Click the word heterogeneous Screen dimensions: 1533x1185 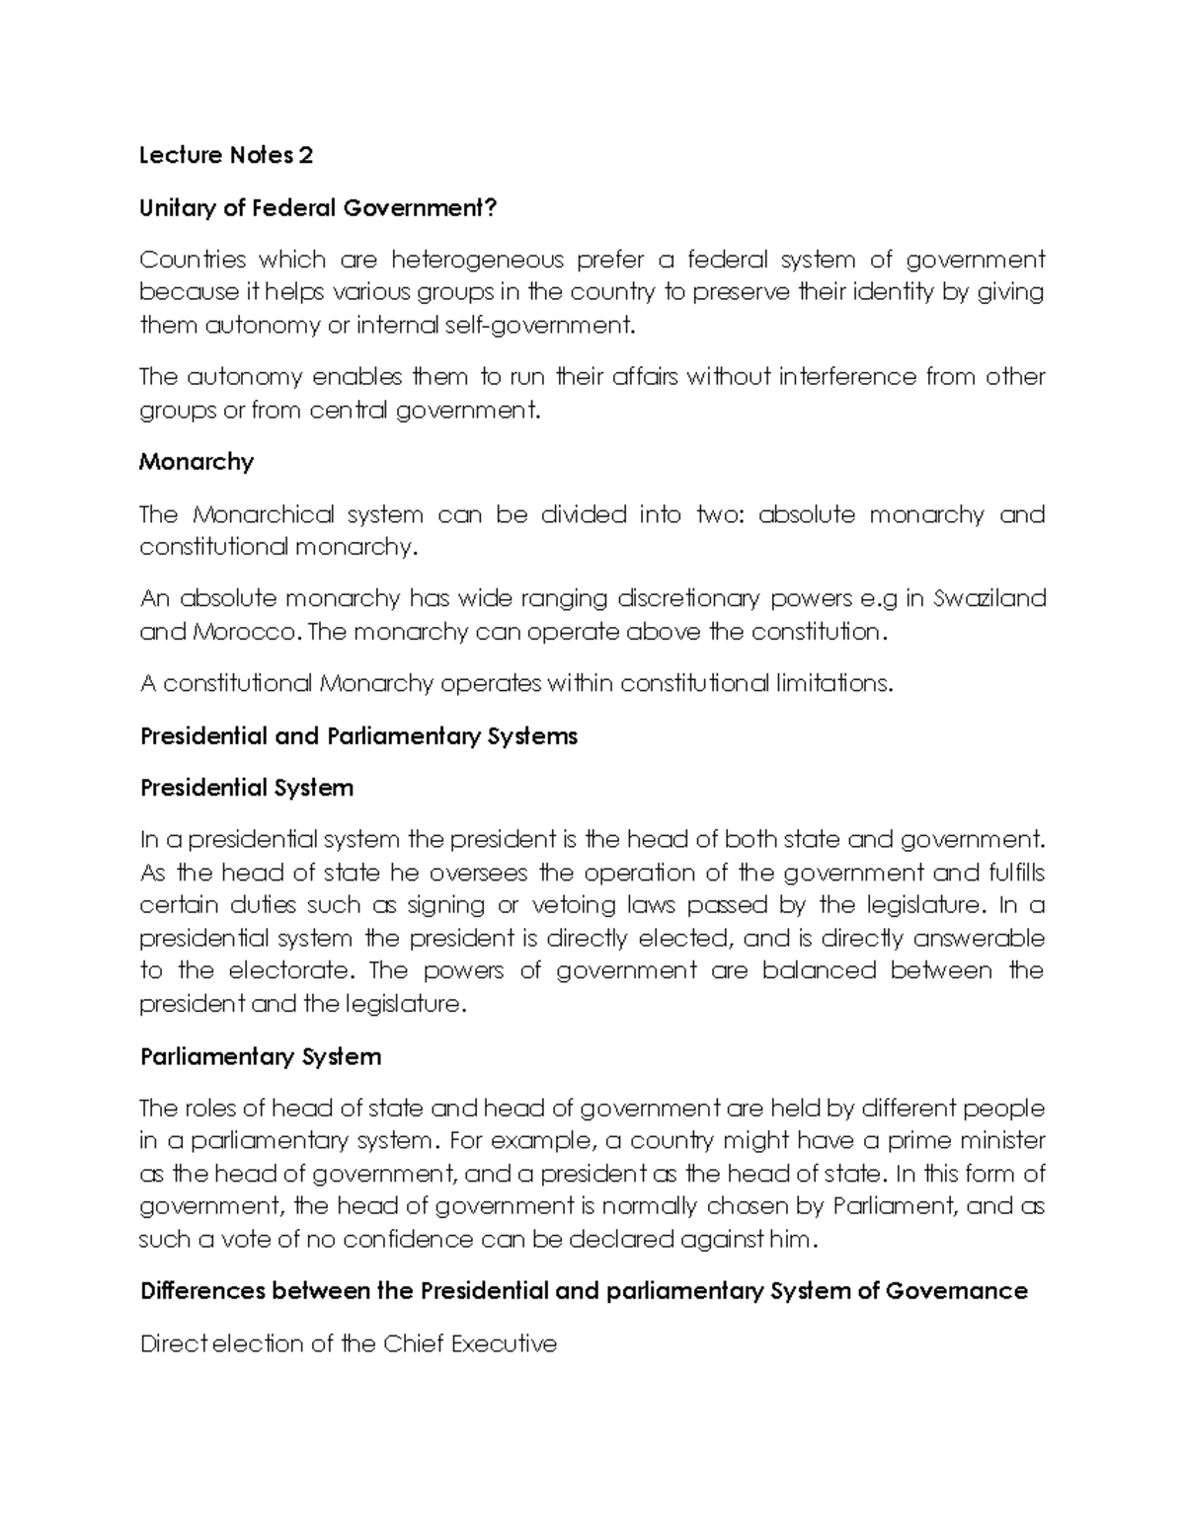478,260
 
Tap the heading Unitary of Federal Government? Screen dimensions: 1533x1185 318,207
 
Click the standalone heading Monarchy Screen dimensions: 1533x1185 197,461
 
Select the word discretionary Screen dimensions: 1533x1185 688,598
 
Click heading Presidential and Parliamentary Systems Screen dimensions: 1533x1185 358,735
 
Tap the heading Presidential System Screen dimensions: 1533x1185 247,788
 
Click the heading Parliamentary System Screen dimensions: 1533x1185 261,1056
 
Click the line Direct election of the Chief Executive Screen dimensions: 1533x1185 349,1343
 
